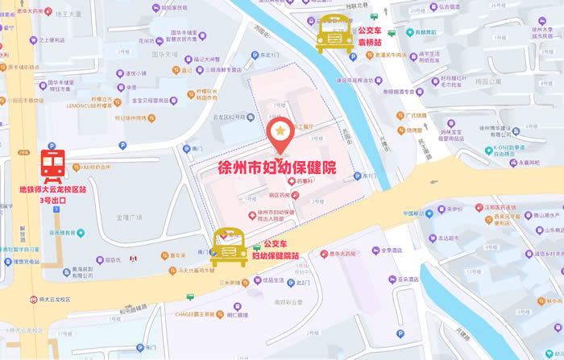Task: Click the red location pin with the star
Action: point(280,135)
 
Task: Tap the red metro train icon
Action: point(53,164)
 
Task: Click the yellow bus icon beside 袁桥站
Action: point(332,35)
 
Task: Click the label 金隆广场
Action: point(128,217)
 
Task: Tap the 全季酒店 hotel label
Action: point(388,250)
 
